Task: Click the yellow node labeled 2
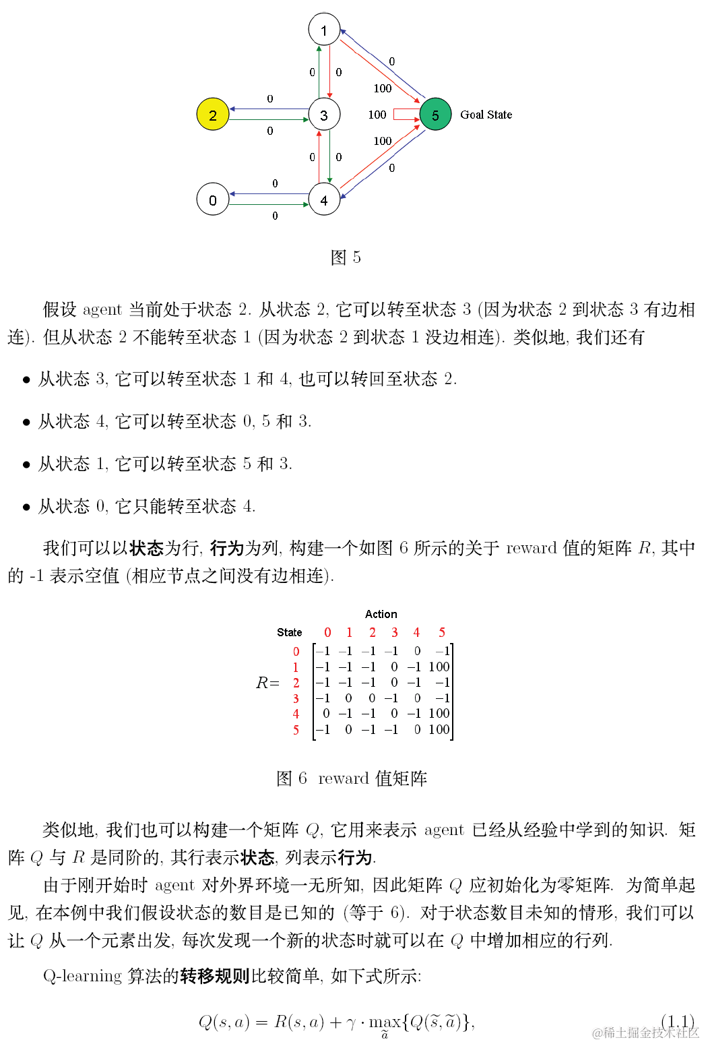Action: (x=213, y=115)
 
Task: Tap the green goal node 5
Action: (x=435, y=115)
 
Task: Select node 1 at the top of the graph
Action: (x=324, y=30)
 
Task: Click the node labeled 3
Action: (x=324, y=115)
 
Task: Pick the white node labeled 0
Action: (x=213, y=199)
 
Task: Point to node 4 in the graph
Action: (x=324, y=199)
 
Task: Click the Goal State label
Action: (x=486, y=115)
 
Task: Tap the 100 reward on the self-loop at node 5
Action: (x=377, y=115)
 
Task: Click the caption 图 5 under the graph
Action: (x=346, y=257)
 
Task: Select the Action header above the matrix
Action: (x=381, y=614)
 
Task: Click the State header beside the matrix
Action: (x=289, y=632)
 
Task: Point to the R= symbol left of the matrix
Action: (x=267, y=683)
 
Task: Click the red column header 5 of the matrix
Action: (x=442, y=632)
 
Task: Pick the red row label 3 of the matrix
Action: (x=296, y=698)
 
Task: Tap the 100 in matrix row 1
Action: (x=439, y=667)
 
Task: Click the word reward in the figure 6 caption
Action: (x=343, y=778)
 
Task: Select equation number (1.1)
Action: (x=678, y=1022)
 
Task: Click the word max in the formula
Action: (x=385, y=1022)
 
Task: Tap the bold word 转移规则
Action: (x=215, y=976)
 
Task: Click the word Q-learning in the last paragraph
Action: (x=82, y=976)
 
